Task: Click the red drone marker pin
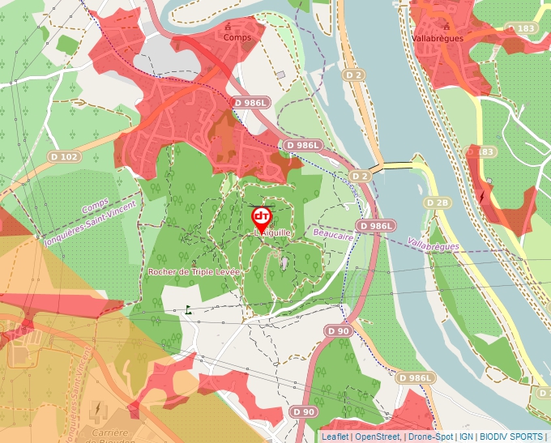262,217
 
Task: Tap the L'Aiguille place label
272,232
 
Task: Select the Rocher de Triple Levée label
194,272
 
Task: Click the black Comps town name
238,37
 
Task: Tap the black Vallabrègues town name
438,38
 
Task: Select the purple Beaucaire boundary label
333,234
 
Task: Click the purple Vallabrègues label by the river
434,244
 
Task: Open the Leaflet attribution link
335,437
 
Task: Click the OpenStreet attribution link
377,437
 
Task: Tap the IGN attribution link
466,437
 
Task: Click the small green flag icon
189,309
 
